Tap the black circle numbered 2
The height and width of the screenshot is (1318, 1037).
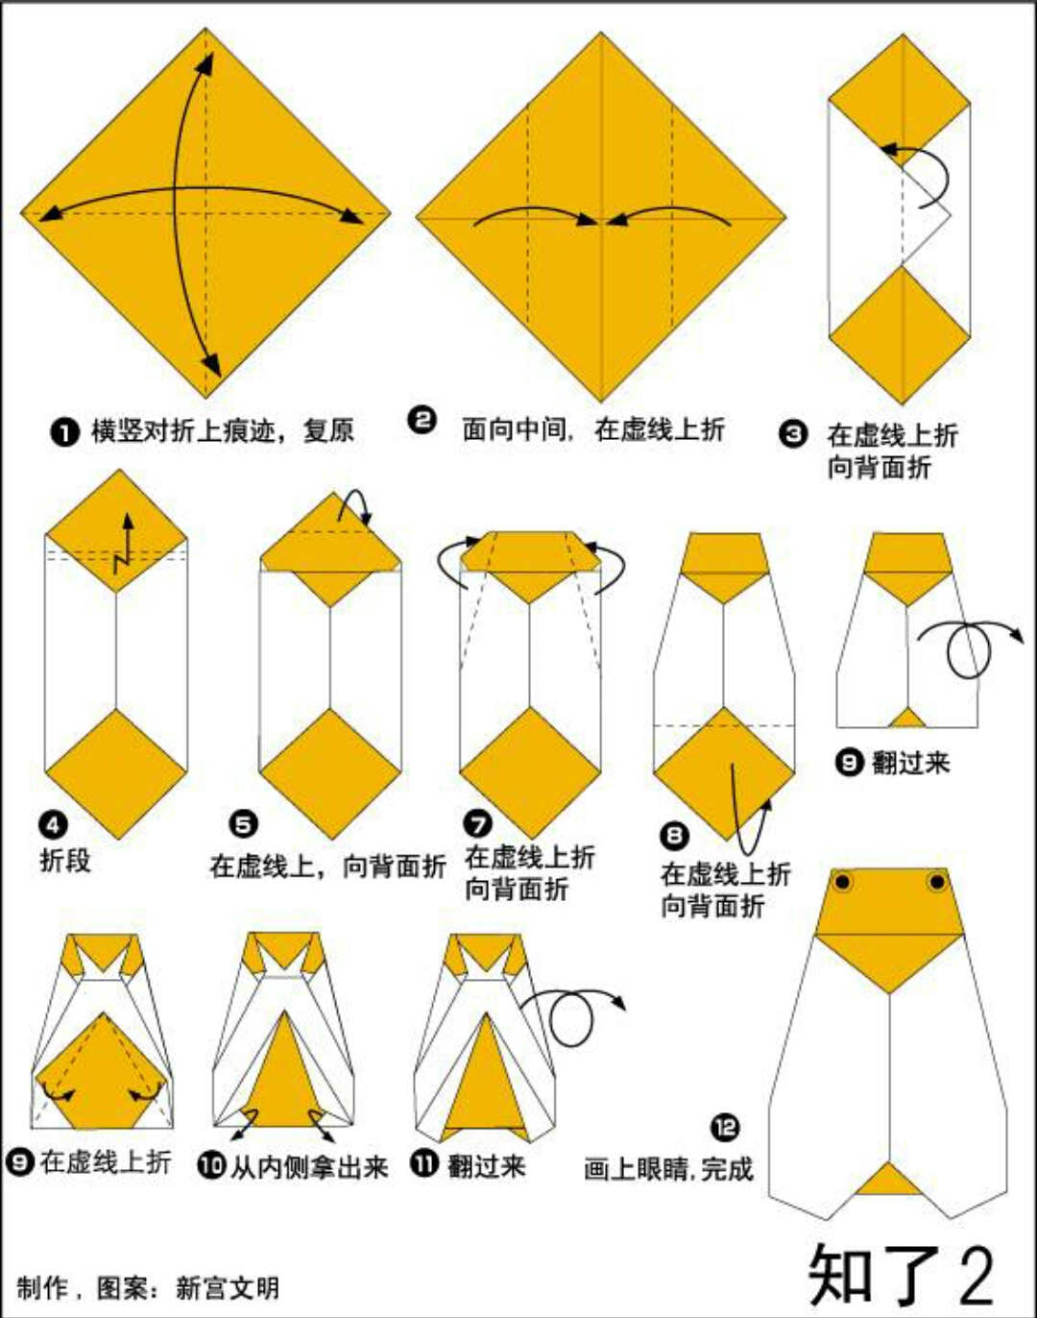pos(422,421)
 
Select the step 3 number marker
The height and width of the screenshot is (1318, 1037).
pos(793,434)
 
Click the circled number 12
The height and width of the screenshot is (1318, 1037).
pos(725,1128)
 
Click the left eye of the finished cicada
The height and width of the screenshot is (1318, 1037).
pos(843,883)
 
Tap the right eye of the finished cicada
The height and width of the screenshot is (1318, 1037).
pos(937,883)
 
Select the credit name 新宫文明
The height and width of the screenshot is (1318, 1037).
pos(228,1288)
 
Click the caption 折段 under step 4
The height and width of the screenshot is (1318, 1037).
pos(65,861)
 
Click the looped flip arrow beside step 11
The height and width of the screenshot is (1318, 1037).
pos(572,1015)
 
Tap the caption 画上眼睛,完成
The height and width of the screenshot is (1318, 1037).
pos(668,1168)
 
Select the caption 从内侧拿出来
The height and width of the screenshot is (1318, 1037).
pos(309,1166)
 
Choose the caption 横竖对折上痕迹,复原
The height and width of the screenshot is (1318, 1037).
pos(223,431)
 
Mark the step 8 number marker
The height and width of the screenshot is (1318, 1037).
pos(675,835)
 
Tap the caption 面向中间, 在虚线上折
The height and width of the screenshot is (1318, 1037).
pos(593,429)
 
